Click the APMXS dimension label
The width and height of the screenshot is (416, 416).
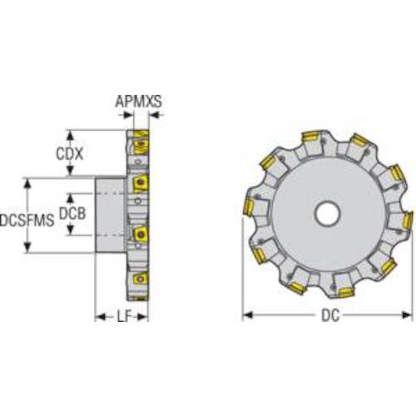point(138,102)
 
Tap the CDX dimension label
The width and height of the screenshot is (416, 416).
point(70,153)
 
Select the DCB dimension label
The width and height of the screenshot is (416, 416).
point(72,214)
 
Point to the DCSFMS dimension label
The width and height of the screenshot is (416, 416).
point(27,220)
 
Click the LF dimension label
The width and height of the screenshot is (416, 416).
point(124,316)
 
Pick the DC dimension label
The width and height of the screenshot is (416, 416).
point(330,315)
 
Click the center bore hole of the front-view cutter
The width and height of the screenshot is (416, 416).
point(327,214)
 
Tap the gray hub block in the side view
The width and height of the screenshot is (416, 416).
point(110,215)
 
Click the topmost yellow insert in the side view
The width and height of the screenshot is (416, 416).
point(141,142)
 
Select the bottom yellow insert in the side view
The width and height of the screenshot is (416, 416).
point(140,279)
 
